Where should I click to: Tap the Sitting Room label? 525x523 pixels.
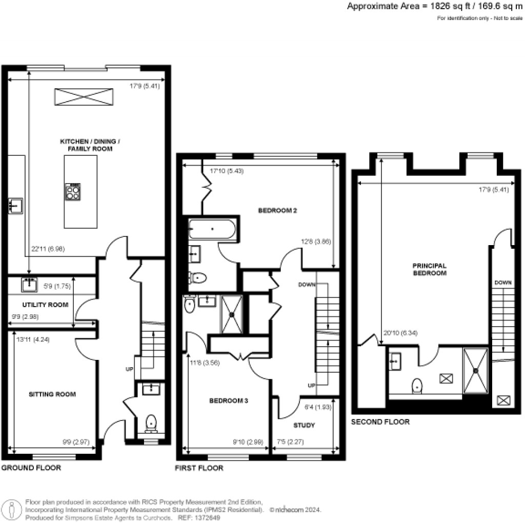click(x=52, y=394)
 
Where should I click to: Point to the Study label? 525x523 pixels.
click(x=304, y=426)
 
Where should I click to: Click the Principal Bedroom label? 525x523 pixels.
click(x=430, y=269)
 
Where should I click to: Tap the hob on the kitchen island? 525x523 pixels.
click(x=73, y=192)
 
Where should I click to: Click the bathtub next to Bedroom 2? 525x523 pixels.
click(x=212, y=229)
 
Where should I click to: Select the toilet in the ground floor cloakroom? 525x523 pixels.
click(x=151, y=423)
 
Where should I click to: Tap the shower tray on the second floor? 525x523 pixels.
click(x=476, y=370)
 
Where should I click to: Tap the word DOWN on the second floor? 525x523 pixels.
click(x=501, y=283)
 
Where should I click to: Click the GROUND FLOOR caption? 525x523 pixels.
click(x=31, y=468)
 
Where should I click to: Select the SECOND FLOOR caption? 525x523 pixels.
click(x=380, y=422)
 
